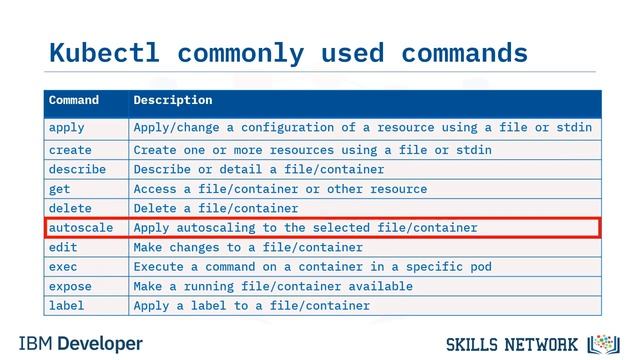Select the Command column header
pos(74,100)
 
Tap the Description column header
pos(173,100)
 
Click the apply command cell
pos(67,128)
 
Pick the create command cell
pos(70,150)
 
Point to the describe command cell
pos(77,169)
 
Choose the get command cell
pos(59,189)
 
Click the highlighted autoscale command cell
pos(81,228)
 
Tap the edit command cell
pos(63,247)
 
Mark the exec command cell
pos(63,267)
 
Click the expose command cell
pos(70,286)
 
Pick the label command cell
pos(67,306)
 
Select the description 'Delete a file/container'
pos(216,208)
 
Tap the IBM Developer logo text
pos(80,344)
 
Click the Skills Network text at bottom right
pos(512,345)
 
